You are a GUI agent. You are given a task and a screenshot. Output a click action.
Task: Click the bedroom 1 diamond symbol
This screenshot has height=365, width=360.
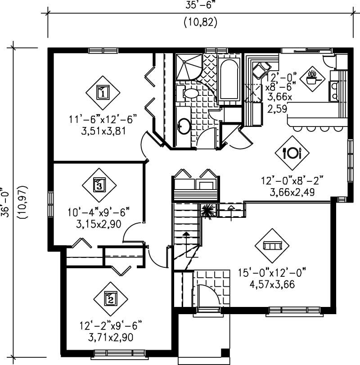tap(103, 93)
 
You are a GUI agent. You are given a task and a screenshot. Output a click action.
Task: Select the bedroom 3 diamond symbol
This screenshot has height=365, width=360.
tap(99, 184)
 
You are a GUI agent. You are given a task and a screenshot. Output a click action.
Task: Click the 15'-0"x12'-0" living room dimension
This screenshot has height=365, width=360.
tap(272, 273)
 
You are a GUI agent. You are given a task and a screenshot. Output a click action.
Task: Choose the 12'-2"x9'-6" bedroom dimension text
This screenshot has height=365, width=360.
tap(110, 324)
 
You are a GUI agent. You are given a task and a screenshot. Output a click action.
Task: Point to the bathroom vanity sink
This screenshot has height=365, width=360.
tap(184, 126)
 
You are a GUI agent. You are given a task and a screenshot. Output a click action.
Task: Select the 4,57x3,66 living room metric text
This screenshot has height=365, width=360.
tap(272, 284)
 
